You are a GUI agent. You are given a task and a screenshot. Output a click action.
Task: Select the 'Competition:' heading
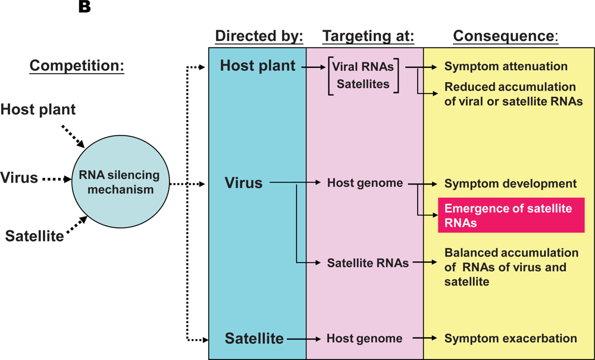click(77, 65)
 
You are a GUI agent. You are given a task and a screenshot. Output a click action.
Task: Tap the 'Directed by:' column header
click(259, 36)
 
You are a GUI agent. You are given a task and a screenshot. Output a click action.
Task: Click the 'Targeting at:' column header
click(367, 36)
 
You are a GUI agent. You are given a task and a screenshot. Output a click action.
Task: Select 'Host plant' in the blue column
click(258, 66)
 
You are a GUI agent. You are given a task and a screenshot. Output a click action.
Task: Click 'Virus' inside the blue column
click(243, 183)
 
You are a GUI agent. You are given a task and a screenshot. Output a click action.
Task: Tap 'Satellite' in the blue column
click(254, 339)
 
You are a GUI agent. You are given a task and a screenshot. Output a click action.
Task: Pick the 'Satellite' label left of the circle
click(35, 236)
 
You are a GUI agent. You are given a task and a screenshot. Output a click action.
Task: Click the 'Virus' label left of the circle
click(19, 177)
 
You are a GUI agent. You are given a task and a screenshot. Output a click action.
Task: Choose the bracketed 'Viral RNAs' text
click(363, 67)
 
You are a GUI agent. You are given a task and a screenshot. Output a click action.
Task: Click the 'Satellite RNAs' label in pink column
click(368, 262)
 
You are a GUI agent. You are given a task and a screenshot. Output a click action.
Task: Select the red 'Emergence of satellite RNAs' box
click(511, 215)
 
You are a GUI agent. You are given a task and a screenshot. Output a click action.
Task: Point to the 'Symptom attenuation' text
click(506, 67)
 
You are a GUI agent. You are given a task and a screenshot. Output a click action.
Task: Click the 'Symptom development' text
click(511, 184)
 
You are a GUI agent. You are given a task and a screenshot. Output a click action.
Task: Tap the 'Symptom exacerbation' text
click(511, 339)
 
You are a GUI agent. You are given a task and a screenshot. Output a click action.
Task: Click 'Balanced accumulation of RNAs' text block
click(511, 267)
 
